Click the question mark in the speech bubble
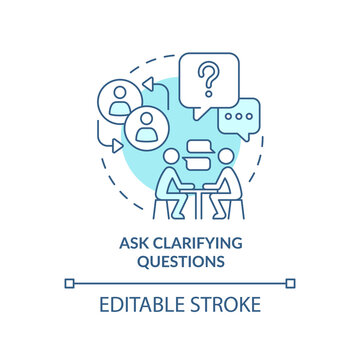[x=207, y=75]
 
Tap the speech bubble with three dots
[x=239, y=116]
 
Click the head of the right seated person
[x=227, y=157]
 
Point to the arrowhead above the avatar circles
[x=146, y=82]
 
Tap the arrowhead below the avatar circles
[x=115, y=146]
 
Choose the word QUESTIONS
[x=180, y=262]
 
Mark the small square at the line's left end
[x=69, y=283]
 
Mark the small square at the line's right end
[x=291, y=283]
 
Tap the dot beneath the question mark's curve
[x=207, y=87]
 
